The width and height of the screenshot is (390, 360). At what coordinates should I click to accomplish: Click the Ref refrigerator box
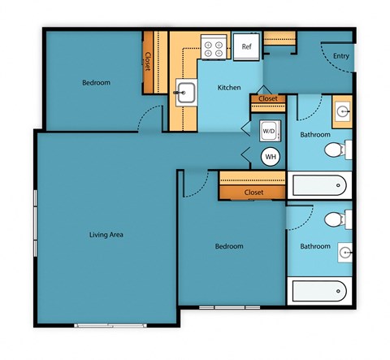(x=246, y=46)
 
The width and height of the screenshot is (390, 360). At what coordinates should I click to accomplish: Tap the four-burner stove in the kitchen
(x=214, y=47)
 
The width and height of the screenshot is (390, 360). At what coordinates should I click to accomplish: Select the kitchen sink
(x=184, y=93)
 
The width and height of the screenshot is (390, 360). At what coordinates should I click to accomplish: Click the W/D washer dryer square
(x=269, y=131)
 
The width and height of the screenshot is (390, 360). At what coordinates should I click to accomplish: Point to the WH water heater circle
(x=269, y=157)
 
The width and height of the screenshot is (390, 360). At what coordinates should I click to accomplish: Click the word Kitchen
(x=227, y=88)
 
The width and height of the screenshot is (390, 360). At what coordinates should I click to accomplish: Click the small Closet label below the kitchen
(x=267, y=99)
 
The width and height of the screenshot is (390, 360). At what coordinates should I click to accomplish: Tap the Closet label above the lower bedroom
(x=253, y=192)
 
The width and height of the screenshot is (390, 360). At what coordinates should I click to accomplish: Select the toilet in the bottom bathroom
(x=336, y=219)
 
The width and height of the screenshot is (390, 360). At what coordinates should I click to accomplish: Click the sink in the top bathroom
(x=342, y=109)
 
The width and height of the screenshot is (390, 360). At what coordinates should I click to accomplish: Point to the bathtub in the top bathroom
(x=321, y=185)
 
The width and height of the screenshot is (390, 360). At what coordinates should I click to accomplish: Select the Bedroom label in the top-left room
(x=96, y=83)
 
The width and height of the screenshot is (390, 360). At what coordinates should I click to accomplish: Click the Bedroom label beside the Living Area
(x=229, y=246)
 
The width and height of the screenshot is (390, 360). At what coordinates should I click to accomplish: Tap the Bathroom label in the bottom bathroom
(x=314, y=246)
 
